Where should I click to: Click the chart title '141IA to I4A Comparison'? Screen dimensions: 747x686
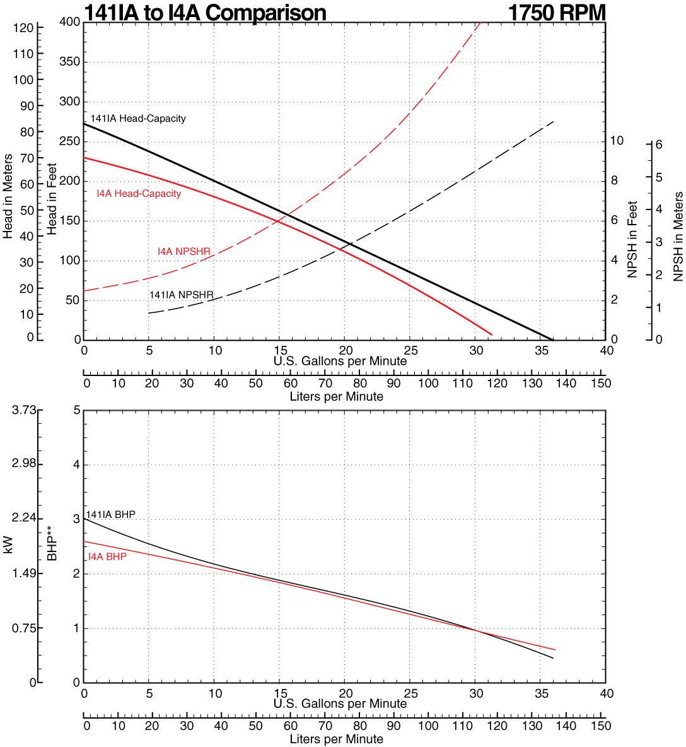(205, 13)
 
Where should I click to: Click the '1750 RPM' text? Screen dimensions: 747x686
(557, 13)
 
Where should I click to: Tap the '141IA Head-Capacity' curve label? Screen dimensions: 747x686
(138, 119)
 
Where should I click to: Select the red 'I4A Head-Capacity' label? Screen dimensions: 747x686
(139, 194)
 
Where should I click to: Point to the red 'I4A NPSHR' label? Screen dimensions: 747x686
(183, 252)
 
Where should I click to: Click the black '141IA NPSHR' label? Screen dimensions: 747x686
(181, 295)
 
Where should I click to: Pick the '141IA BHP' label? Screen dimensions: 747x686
(111, 515)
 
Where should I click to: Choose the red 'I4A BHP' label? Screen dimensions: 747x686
(107, 556)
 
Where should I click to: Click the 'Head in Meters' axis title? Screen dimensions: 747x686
(8, 196)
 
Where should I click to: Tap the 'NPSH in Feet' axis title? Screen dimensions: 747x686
(632, 240)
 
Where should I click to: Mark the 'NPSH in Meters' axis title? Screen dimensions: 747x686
(678, 237)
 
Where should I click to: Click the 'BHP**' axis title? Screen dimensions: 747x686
(52, 546)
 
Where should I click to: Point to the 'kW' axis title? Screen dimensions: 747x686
(8, 545)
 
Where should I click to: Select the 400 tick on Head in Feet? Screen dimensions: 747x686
(69, 22)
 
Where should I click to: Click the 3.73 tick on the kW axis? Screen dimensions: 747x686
(24, 410)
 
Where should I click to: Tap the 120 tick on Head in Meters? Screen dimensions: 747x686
(23, 28)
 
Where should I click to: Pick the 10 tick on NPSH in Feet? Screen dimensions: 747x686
(617, 141)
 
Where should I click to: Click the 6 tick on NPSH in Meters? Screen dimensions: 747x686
(659, 144)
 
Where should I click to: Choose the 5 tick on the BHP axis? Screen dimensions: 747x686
(76, 410)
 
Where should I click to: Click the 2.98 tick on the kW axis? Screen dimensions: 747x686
(24, 465)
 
